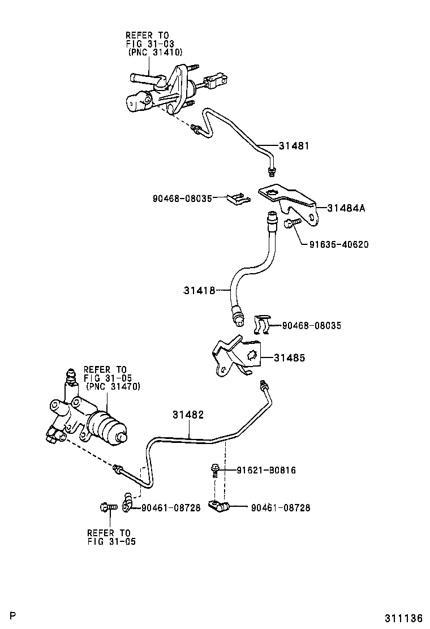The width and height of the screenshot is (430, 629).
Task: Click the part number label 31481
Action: point(294,145)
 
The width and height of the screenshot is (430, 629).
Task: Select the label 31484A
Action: point(346,208)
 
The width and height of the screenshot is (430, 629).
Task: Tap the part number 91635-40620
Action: point(339,244)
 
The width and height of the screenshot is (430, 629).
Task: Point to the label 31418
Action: point(199,290)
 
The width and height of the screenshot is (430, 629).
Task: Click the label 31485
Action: point(290,357)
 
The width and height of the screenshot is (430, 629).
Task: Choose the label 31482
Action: point(188,415)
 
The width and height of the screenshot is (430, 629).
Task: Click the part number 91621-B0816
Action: point(265,470)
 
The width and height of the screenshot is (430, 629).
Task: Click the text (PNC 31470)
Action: point(113,386)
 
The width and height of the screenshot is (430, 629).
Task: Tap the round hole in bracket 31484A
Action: point(272,195)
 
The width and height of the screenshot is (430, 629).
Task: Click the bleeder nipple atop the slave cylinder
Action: point(71,377)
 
